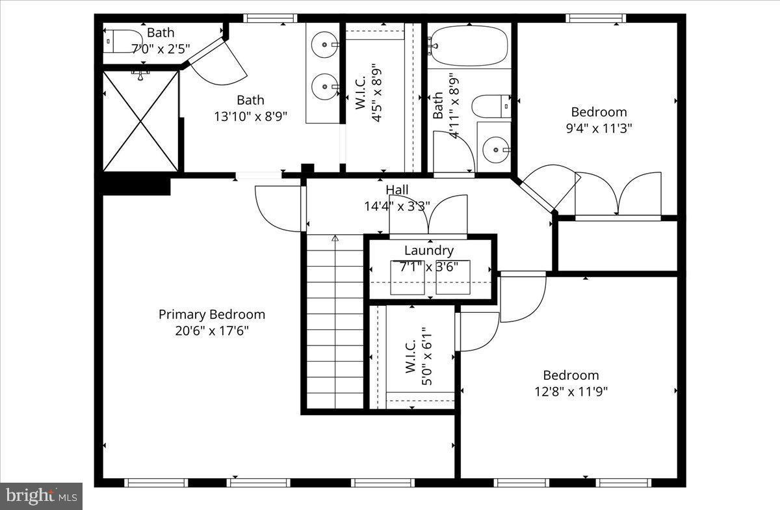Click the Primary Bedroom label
pyautogui.click(x=212, y=315)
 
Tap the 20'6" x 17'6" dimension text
pyautogui.click(x=212, y=330)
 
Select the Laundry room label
pyautogui.click(x=428, y=250)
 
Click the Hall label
pyautogui.click(x=397, y=190)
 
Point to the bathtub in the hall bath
pyautogui.click(x=469, y=46)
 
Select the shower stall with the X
pyautogui.click(x=140, y=121)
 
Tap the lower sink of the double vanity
pyautogui.click(x=324, y=86)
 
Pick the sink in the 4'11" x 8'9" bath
pyautogui.click(x=496, y=150)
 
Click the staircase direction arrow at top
pyautogui.click(x=335, y=239)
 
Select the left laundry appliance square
pyautogui.click(x=407, y=277)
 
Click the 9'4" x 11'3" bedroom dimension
pyautogui.click(x=599, y=128)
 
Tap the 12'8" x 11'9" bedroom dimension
pyautogui.click(x=571, y=391)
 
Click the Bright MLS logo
pyautogui.click(x=41, y=496)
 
